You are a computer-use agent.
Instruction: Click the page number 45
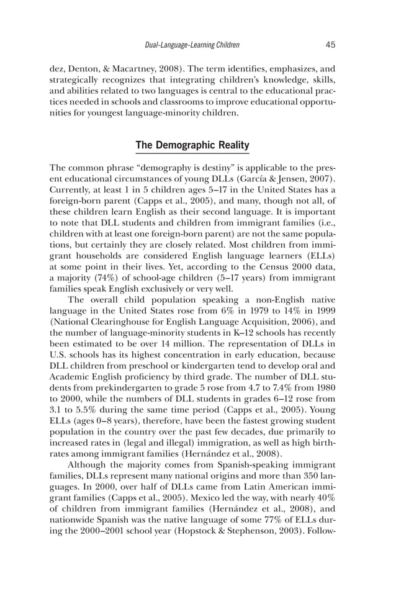(330, 45)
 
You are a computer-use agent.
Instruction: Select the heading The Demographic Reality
(192, 145)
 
